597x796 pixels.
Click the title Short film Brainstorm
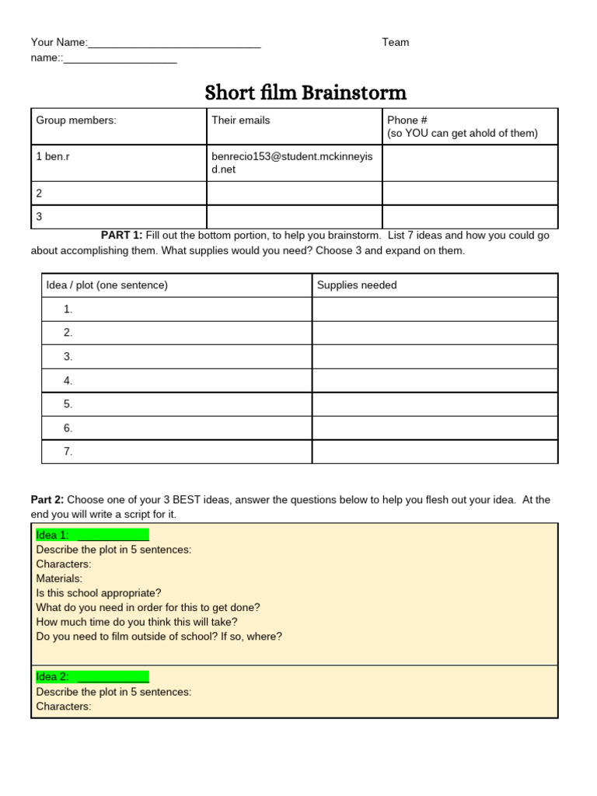(x=305, y=93)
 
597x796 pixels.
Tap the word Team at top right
(x=395, y=42)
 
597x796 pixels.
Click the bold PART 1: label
(x=121, y=236)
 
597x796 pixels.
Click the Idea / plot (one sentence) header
(x=107, y=285)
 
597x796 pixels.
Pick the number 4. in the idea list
(x=68, y=380)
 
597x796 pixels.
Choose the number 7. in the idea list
(x=68, y=451)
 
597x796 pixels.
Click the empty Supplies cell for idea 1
(x=435, y=309)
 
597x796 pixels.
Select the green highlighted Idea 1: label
(x=92, y=535)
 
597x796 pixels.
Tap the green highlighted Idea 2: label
(x=92, y=677)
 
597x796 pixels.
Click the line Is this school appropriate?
(x=99, y=593)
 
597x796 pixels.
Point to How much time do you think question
(x=137, y=622)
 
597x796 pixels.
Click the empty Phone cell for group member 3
(x=470, y=217)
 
